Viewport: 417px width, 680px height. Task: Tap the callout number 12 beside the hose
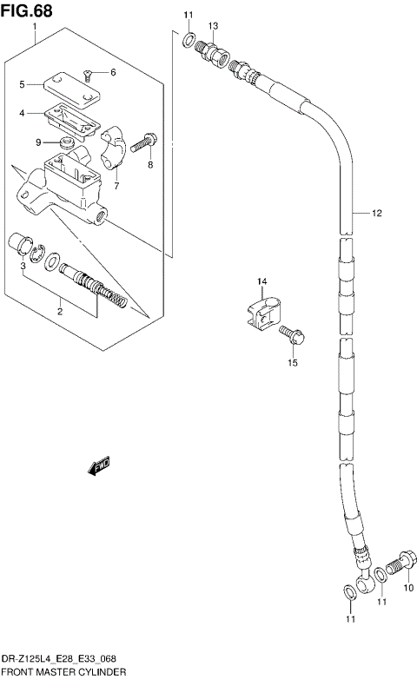click(x=376, y=214)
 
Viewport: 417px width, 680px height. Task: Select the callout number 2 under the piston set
click(x=59, y=311)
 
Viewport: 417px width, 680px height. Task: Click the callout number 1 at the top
click(x=34, y=28)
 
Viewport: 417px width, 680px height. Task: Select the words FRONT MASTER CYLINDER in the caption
click(x=64, y=672)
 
